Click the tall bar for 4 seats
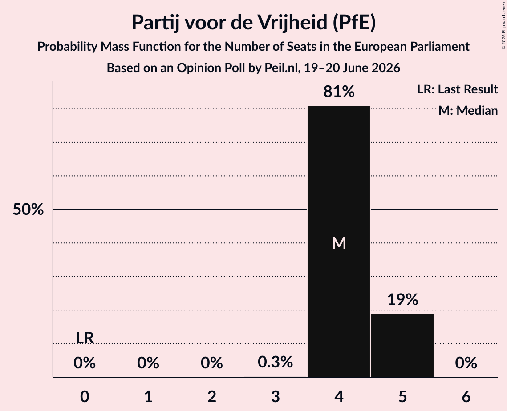[339, 242]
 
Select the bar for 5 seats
[402, 346]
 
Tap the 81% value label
[339, 92]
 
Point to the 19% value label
[402, 299]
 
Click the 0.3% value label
[275, 362]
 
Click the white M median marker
[339, 243]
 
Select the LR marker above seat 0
[85, 338]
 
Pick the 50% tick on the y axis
[28, 210]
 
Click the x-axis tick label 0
[85, 396]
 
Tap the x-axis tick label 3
[275, 396]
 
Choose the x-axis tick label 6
[466, 396]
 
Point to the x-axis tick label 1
[148, 396]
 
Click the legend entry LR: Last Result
[457, 89]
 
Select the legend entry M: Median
[468, 110]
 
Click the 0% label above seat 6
[466, 363]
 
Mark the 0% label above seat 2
[212, 363]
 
